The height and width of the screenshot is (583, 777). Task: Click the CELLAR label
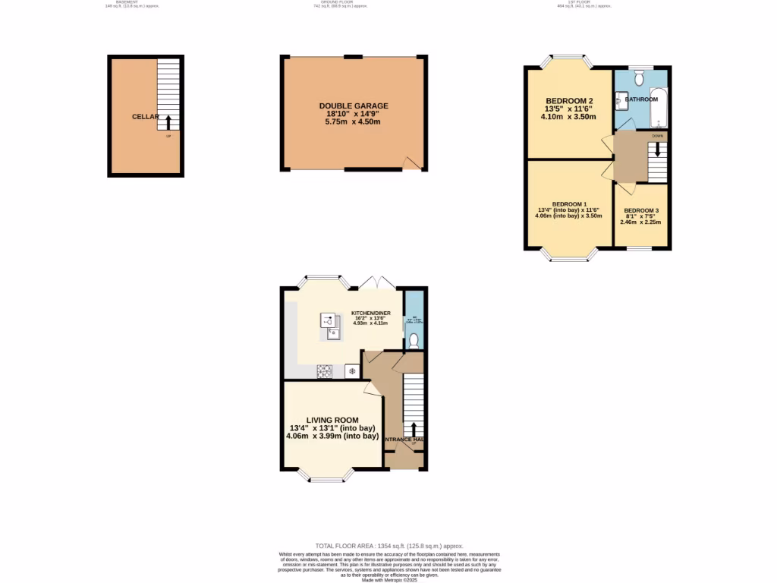[x=145, y=117]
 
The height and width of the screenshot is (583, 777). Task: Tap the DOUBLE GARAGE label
[x=354, y=106]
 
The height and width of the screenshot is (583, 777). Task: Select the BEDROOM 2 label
[x=569, y=101]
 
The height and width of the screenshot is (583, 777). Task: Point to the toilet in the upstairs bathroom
[x=639, y=78]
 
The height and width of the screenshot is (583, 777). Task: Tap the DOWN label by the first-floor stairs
[x=657, y=136]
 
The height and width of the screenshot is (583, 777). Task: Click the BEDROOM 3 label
[x=641, y=210]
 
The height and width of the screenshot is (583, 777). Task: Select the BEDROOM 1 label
[x=568, y=204]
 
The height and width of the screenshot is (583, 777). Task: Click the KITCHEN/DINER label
[x=371, y=313]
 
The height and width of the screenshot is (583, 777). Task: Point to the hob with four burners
[x=325, y=371]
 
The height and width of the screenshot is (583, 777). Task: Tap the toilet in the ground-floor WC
[x=414, y=342]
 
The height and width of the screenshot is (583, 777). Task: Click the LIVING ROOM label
[x=332, y=420]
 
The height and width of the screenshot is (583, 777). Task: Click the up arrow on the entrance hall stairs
[x=414, y=429]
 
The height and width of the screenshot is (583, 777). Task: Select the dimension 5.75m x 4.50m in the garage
[x=354, y=122]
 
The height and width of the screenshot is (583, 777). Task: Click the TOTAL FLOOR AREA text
[x=388, y=546]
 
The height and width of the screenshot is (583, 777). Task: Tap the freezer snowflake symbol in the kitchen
[x=352, y=371]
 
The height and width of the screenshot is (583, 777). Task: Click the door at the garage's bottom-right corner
[x=411, y=163]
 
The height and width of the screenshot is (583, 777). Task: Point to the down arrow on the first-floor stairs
[x=657, y=148]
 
